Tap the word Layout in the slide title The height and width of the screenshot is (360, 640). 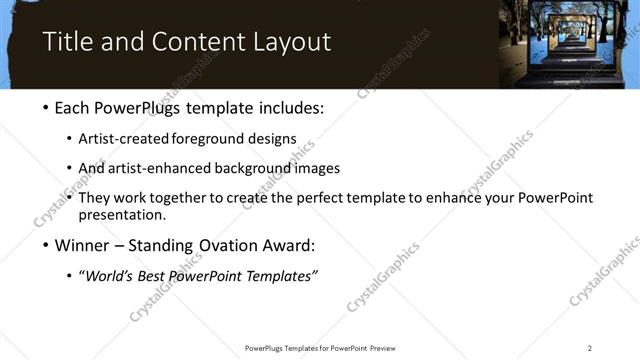[x=290, y=42]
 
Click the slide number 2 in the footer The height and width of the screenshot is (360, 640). [x=590, y=347]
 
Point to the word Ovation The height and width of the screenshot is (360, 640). [x=221, y=245]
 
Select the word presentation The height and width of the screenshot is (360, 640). [x=121, y=214]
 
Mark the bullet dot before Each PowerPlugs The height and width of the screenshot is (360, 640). [x=47, y=106]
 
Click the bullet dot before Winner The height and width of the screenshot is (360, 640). [x=47, y=245]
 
